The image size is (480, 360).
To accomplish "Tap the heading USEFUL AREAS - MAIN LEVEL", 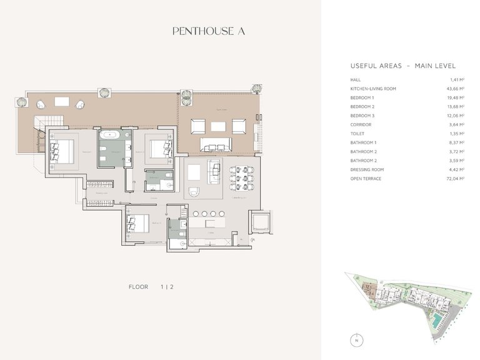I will (x=402, y=66).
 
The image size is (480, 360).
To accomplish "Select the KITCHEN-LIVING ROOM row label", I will (x=373, y=89).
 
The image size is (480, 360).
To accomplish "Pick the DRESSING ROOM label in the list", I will (x=367, y=169).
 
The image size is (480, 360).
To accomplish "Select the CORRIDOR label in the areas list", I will (x=361, y=124).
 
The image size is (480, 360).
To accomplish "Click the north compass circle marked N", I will (x=356, y=341).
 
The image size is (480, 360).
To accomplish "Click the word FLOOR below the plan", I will (x=138, y=287).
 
